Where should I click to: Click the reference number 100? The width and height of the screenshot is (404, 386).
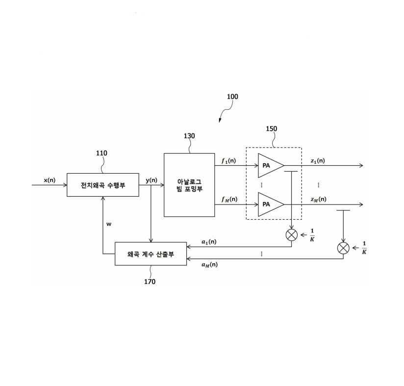click(x=232, y=97)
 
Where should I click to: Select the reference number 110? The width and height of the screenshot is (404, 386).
click(x=101, y=153)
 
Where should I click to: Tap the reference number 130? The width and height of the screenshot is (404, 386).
click(x=189, y=136)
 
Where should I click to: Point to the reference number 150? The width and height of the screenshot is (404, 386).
click(x=271, y=129)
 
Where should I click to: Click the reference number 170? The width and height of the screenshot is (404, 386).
click(x=150, y=282)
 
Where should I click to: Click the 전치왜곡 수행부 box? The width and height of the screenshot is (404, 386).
click(x=103, y=185)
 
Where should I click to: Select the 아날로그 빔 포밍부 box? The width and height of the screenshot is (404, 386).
click(x=189, y=185)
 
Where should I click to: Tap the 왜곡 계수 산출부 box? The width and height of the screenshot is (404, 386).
click(x=151, y=254)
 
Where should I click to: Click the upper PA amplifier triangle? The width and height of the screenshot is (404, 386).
click(x=270, y=165)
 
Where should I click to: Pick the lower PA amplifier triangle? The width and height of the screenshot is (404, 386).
click(x=270, y=205)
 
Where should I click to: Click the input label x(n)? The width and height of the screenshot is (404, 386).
click(x=50, y=180)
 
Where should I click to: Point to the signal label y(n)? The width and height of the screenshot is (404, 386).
click(x=151, y=180)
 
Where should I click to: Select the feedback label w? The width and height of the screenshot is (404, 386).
click(x=109, y=224)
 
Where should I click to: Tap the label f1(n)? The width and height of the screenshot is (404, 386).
click(x=228, y=160)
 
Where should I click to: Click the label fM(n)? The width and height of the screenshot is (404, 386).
click(x=228, y=199)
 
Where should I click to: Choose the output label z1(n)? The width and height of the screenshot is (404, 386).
click(x=318, y=160)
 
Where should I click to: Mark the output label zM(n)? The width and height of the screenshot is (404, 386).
click(x=318, y=199)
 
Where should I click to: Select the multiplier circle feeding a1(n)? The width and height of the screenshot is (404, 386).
click(x=292, y=234)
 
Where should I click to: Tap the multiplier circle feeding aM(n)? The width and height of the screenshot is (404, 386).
click(x=343, y=248)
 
